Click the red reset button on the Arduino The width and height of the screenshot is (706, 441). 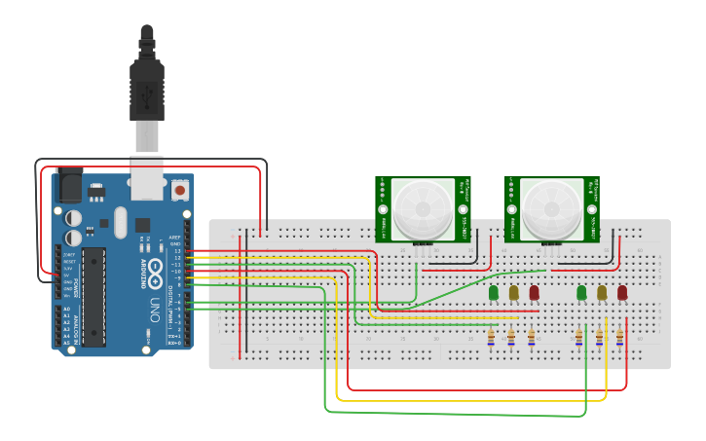[x=179, y=187]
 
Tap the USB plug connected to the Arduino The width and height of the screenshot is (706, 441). [x=146, y=88]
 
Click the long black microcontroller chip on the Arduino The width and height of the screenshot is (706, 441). [x=93, y=296]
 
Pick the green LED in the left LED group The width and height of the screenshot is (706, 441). [x=494, y=292]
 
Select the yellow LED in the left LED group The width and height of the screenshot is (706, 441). [x=513, y=292]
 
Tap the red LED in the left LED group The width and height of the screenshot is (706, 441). [x=534, y=292]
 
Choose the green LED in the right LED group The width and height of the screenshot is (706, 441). [x=581, y=292]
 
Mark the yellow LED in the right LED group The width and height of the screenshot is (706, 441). [x=602, y=292]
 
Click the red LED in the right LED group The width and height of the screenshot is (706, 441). [x=622, y=292]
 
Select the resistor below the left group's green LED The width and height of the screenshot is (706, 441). [x=491, y=337]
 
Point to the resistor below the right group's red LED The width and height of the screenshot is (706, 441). [x=619, y=337]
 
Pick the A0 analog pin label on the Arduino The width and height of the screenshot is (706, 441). [x=67, y=309]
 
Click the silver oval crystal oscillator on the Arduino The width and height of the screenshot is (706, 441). [x=120, y=222]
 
